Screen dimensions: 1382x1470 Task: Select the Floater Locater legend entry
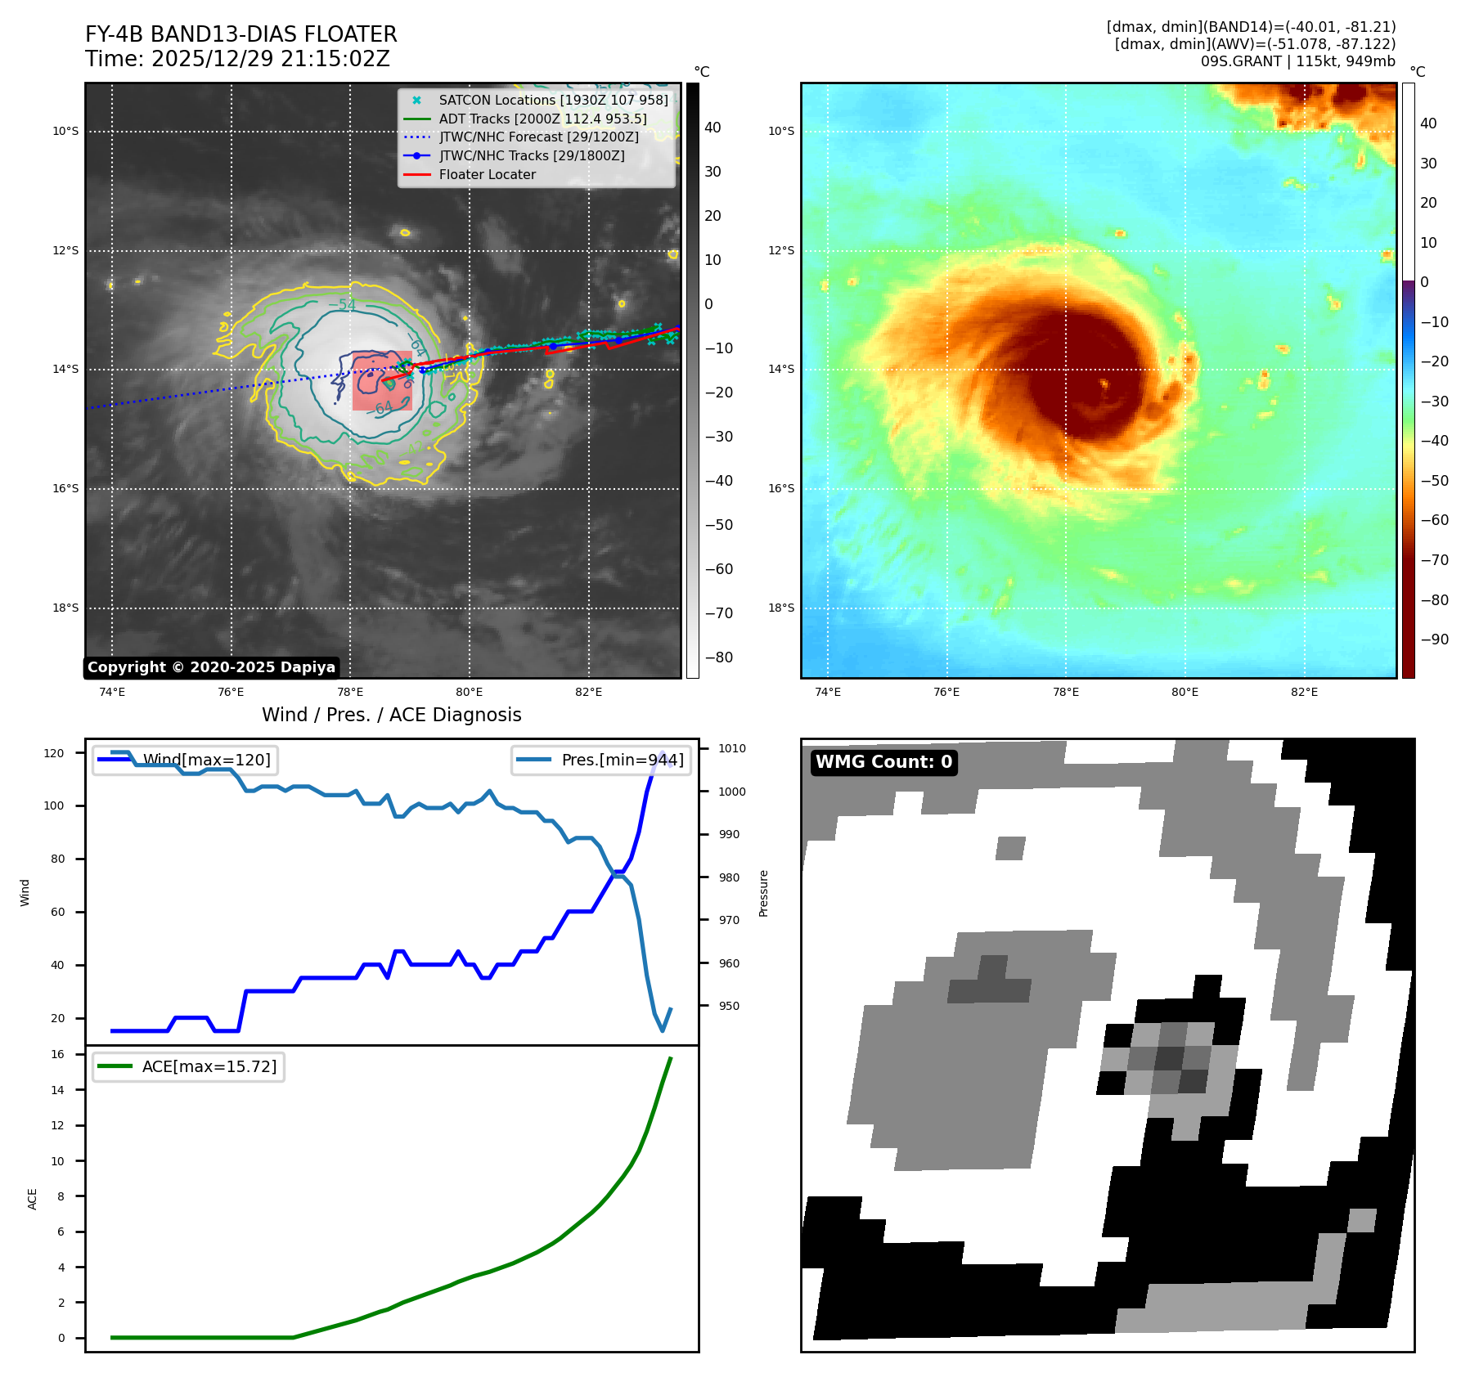pos(487,174)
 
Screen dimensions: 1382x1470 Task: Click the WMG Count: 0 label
pos(883,762)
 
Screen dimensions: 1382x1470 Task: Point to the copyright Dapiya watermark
pos(211,667)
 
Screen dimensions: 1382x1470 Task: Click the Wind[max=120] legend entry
pos(206,760)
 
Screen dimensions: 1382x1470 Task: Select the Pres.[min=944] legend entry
pos(622,760)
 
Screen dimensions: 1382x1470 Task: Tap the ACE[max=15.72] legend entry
pos(209,1066)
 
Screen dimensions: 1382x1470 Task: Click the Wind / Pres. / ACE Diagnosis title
pos(391,715)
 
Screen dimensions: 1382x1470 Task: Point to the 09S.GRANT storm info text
pos(1297,61)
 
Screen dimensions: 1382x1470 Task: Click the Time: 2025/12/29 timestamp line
pos(237,60)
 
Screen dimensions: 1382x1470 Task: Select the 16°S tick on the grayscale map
pos(66,489)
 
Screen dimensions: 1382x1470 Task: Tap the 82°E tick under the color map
pos(1304,693)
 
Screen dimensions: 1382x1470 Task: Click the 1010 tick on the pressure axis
pos(731,748)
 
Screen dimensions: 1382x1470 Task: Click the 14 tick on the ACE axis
pos(58,1090)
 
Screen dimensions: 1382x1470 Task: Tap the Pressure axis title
pos(763,893)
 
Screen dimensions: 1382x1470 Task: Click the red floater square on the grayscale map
pos(382,381)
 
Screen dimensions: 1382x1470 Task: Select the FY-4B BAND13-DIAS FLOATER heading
pos(241,34)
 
